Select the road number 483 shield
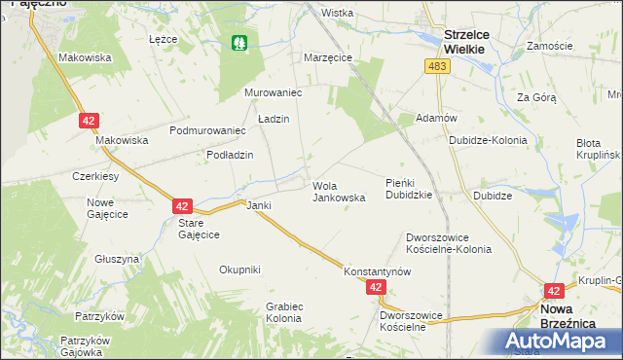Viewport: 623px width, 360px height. (436, 65)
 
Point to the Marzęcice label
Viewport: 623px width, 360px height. (327, 57)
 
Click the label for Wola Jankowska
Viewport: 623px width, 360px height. (339, 191)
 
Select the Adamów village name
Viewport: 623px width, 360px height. (436, 117)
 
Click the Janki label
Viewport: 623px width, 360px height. (258, 205)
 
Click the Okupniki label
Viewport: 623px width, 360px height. (239, 270)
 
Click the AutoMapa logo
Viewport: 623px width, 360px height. (563, 342)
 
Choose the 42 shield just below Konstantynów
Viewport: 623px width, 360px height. (377, 288)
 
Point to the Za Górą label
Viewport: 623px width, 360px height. (535, 97)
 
